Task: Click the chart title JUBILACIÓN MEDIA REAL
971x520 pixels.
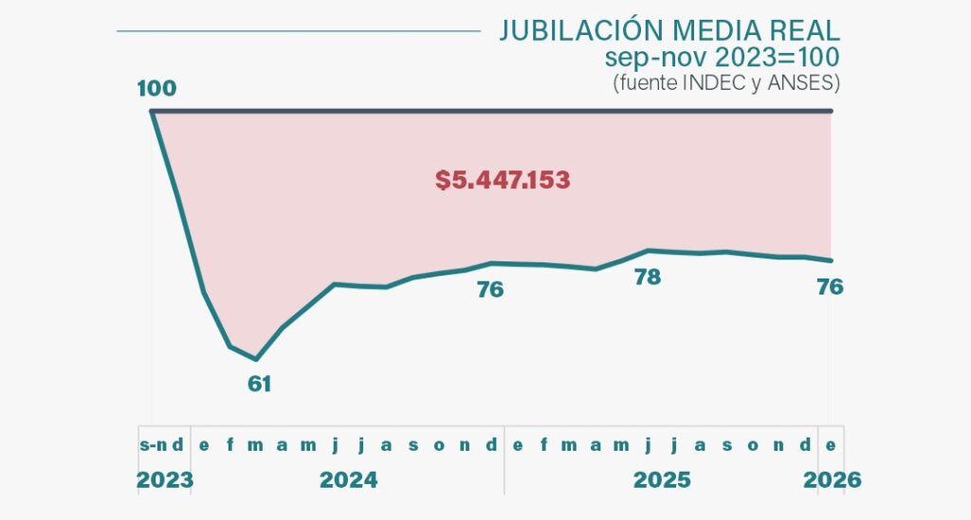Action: pyautogui.click(x=669, y=30)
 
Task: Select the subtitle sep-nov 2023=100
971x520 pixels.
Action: pyautogui.click(x=723, y=57)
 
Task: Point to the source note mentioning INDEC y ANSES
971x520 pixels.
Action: pyautogui.click(x=726, y=82)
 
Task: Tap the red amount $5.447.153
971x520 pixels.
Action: pyautogui.click(x=503, y=180)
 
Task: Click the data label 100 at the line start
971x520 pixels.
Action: pyautogui.click(x=156, y=89)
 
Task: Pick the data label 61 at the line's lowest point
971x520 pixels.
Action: pyautogui.click(x=259, y=384)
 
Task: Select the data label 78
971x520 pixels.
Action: pyautogui.click(x=648, y=278)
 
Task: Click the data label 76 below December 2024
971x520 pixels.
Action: pyautogui.click(x=490, y=290)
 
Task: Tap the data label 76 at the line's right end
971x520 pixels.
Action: pyautogui.click(x=830, y=287)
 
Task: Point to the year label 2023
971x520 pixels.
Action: pyautogui.click(x=164, y=480)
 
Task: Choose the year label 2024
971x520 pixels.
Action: pyautogui.click(x=348, y=480)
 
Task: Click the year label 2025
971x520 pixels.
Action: pyautogui.click(x=662, y=480)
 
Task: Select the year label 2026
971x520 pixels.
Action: pyautogui.click(x=832, y=480)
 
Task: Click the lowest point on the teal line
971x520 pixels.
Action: pyautogui.click(x=256, y=359)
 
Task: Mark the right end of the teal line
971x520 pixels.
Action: pyautogui.click(x=832, y=260)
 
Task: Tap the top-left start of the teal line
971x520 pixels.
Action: pyautogui.click(x=153, y=112)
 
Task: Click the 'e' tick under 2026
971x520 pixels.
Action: pyautogui.click(x=832, y=445)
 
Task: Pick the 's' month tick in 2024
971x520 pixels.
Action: pyautogui.click(x=412, y=445)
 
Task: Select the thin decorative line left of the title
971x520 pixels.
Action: pyautogui.click(x=299, y=30)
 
